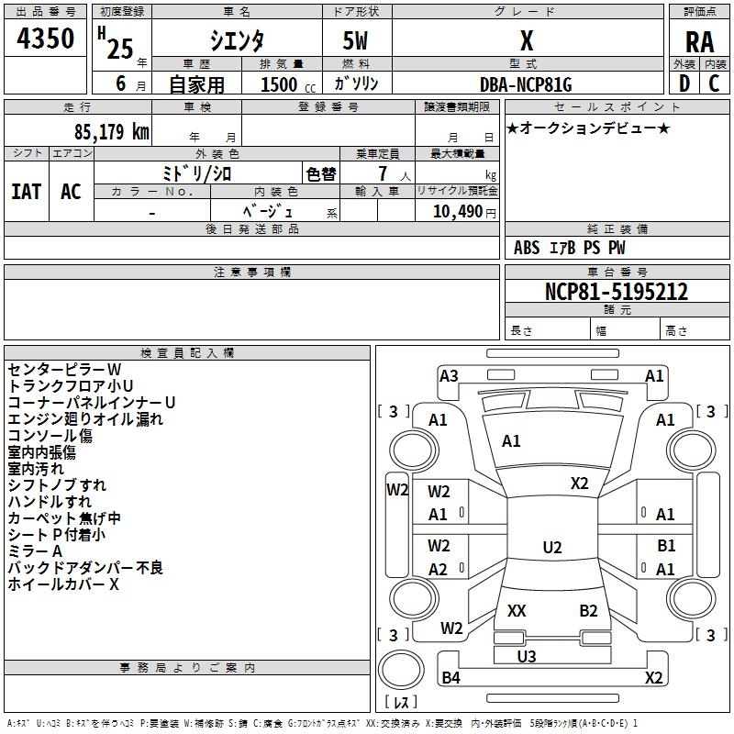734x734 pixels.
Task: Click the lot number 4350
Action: (x=45, y=39)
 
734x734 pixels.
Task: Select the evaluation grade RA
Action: (x=700, y=42)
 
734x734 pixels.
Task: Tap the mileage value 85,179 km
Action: (x=112, y=132)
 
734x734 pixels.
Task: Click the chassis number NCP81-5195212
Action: (x=617, y=292)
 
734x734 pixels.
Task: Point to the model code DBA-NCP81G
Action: (x=526, y=84)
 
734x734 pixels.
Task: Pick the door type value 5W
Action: (x=355, y=40)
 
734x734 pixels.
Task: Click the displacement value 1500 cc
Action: (x=288, y=84)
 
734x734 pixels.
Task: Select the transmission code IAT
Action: (x=27, y=192)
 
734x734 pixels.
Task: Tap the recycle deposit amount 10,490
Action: (x=458, y=212)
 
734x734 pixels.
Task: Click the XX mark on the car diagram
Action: (x=517, y=611)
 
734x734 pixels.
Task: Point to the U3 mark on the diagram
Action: (x=527, y=656)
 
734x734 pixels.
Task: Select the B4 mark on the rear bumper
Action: (x=450, y=677)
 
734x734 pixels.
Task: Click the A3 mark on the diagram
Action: (x=449, y=376)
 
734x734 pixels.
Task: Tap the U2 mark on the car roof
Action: (x=552, y=547)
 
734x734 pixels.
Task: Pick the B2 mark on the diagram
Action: (x=588, y=611)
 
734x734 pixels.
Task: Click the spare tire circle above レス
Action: (x=401, y=670)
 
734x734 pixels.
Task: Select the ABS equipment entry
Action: (x=527, y=248)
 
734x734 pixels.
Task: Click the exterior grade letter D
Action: (x=684, y=83)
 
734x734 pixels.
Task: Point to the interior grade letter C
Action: (x=714, y=83)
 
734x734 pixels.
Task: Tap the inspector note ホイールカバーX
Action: (x=63, y=584)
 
